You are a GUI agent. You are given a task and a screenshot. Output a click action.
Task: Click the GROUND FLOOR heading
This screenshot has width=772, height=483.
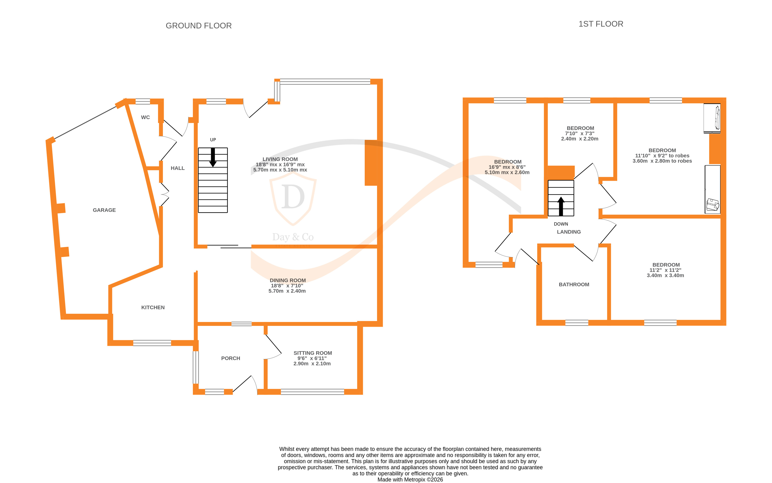(x=199, y=26)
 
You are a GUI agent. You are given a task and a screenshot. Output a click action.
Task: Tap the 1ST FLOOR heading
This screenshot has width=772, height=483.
(x=601, y=24)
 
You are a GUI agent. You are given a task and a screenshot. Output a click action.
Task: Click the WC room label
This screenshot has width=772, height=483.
(x=145, y=117)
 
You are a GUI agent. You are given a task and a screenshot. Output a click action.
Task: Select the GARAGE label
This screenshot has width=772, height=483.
(x=104, y=210)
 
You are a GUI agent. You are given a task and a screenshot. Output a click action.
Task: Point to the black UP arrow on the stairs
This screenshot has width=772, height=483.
(x=213, y=157)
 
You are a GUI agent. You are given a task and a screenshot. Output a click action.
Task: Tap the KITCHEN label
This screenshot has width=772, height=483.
(x=153, y=307)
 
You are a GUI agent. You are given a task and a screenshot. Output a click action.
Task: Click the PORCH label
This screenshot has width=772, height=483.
(x=230, y=358)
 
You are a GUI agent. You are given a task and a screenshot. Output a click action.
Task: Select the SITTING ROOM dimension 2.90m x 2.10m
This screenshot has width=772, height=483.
(x=312, y=364)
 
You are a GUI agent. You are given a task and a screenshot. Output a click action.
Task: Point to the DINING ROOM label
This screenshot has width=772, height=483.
(x=288, y=280)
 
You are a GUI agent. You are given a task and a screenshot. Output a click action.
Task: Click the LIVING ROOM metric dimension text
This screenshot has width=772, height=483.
(x=280, y=170)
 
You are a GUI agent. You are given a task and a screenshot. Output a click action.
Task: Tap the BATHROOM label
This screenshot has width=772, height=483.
(x=574, y=284)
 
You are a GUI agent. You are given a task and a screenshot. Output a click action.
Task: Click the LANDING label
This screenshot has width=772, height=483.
(x=569, y=232)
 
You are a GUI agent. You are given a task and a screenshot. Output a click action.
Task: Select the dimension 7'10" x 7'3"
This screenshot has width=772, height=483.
(x=580, y=134)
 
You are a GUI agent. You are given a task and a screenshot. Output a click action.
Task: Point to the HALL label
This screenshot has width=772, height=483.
(x=177, y=168)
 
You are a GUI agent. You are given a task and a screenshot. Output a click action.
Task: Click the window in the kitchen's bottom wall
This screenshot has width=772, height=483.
(x=152, y=343)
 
